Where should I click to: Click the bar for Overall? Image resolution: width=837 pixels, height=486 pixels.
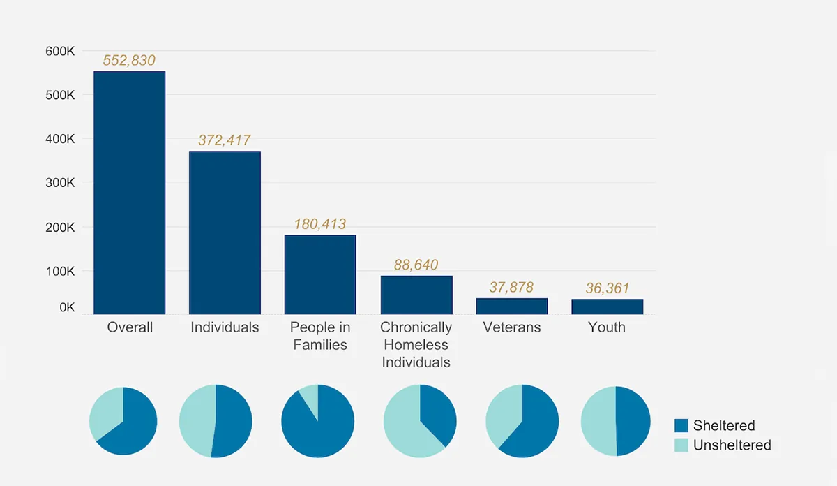click(130, 193)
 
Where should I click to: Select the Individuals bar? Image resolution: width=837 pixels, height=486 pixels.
click(225, 233)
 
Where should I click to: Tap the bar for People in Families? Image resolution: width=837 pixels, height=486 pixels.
click(320, 274)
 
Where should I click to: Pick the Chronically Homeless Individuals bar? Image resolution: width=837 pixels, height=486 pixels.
click(416, 295)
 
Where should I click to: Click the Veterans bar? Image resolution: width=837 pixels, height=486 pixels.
click(512, 307)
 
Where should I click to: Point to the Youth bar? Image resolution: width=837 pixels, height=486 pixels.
click(607, 307)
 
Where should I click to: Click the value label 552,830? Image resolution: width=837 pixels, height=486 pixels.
click(129, 61)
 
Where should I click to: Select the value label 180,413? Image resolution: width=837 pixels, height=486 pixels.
click(320, 224)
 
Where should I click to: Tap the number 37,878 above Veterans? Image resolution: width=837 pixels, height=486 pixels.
click(512, 287)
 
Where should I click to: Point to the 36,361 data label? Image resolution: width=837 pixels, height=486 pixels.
click(607, 288)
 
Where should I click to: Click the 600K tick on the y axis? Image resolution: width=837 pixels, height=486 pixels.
click(60, 51)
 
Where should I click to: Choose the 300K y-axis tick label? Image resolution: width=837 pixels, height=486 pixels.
click(60, 183)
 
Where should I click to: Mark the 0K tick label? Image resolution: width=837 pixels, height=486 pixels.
click(67, 307)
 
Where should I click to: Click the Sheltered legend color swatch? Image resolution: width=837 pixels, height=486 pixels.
click(681, 426)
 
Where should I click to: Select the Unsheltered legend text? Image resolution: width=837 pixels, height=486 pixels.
click(732, 445)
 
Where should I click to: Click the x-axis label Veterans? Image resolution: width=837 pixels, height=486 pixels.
click(512, 327)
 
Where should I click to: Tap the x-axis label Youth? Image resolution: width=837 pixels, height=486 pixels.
click(607, 327)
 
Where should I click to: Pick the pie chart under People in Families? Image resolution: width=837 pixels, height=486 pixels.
click(318, 421)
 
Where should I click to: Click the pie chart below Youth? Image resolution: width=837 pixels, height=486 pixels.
click(616, 421)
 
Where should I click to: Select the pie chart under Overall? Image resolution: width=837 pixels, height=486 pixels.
click(123, 421)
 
